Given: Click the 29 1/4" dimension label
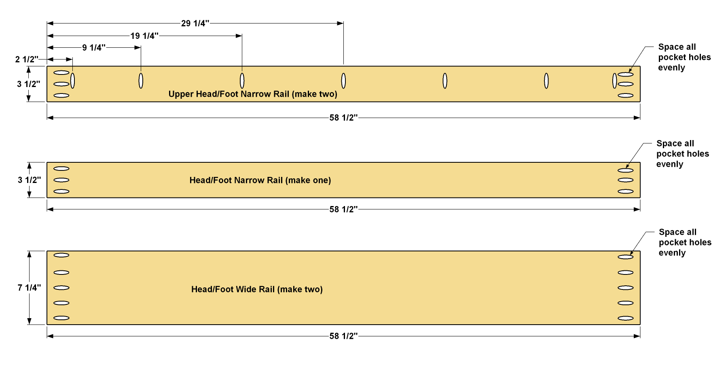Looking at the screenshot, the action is click(195, 23).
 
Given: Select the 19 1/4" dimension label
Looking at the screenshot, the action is click(144, 36).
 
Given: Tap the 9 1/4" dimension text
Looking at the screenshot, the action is click(94, 48).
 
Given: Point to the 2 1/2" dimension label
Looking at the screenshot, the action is click(27, 60).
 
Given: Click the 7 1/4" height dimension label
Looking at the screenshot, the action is click(29, 288).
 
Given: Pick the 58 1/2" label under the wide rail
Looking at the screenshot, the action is click(343, 336).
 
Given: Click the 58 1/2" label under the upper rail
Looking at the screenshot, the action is click(343, 118).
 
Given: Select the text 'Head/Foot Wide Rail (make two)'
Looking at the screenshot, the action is click(257, 289).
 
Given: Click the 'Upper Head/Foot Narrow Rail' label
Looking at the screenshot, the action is click(229, 94).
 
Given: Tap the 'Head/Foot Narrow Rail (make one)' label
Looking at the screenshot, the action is click(260, 181).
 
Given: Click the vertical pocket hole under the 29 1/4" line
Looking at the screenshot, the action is click(343, 81).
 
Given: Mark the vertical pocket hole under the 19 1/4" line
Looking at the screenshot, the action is click(242, 81).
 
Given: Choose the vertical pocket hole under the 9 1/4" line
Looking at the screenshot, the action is click(141, 81).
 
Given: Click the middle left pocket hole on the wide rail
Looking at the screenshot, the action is click(61, 288).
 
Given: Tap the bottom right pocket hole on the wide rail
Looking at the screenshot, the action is click(626, 318).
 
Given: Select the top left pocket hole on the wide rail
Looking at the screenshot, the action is click(61, 255).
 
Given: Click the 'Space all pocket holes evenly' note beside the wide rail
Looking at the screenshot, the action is click(685, 242).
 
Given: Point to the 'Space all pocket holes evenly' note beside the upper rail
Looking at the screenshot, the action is click(684, 57).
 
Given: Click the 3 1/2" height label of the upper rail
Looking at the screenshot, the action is click(29, 84).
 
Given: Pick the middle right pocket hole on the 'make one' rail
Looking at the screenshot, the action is click(626, 180).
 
